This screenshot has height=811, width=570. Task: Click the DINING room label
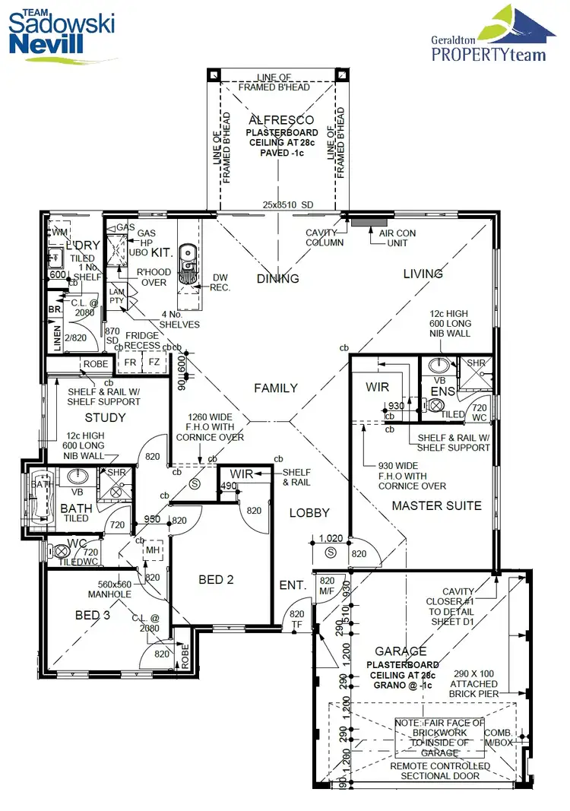277,278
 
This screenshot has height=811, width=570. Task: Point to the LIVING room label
423,274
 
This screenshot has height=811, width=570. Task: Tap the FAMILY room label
276,388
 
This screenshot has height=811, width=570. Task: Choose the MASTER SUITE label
436,505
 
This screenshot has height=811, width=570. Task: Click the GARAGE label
401,651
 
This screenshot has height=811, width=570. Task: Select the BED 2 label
216,580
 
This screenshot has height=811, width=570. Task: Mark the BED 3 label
93,615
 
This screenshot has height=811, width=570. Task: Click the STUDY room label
106,417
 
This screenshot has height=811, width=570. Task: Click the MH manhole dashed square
154,549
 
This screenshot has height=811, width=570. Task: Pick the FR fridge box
131,363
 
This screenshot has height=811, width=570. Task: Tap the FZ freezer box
154,363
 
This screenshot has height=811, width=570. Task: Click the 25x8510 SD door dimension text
288,205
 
